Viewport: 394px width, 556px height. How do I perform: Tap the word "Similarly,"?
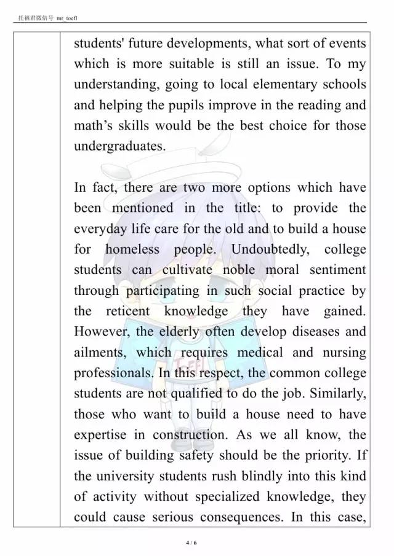click(336, 394)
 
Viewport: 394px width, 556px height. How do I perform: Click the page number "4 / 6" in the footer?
click(191, 543)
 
